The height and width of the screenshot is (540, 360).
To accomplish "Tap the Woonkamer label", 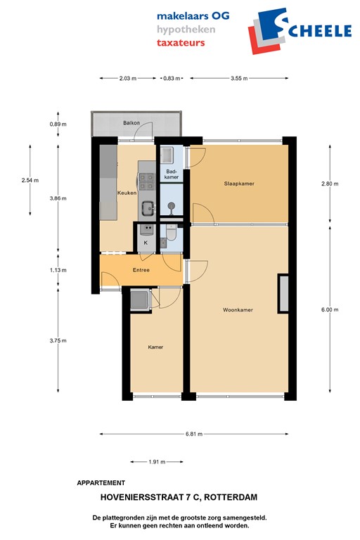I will (x=238, y=310).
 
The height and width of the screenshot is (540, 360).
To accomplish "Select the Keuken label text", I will (x=127, y=192).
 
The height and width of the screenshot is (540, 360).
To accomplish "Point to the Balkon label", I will (x=131, y=123).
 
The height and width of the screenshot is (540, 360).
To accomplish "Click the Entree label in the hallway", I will (x=141, y=269).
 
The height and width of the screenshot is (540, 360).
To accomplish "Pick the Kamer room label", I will (x=155, y=347).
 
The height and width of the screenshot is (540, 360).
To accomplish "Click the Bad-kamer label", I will (x=171, y=174).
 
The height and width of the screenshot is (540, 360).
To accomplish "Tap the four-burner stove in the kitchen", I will (x=146, y=181).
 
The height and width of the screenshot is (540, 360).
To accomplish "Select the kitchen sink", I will (x=148, y=207).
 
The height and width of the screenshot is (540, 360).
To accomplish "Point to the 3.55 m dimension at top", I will (x=239, y=79).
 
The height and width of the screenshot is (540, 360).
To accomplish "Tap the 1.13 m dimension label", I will (x=58, y=270).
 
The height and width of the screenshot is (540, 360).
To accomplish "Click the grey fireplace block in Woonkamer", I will (x=283, y=291).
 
